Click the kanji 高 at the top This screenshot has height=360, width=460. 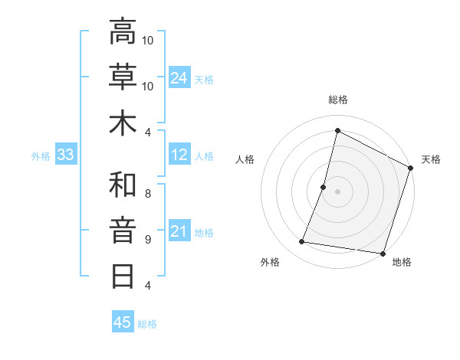123,31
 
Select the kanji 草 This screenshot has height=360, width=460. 123,77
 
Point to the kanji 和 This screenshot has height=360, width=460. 123,185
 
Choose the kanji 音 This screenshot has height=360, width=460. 123,230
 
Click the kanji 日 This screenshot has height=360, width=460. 123,275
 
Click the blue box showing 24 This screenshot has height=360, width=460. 179,77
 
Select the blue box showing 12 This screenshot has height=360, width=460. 179,155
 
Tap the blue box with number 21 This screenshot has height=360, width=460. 179,231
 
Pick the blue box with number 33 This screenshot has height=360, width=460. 66,155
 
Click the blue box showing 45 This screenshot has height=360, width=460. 122,322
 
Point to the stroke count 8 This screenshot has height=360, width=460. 148,193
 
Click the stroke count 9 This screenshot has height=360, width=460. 148,239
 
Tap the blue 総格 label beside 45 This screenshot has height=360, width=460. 147,324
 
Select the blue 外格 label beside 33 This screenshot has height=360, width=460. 41,156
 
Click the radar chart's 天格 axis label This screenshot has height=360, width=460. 431,159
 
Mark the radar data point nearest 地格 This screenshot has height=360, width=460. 382,254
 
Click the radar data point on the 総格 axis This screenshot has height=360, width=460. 337,131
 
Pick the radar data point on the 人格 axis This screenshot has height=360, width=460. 324,187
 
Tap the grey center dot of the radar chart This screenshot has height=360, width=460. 337,191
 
